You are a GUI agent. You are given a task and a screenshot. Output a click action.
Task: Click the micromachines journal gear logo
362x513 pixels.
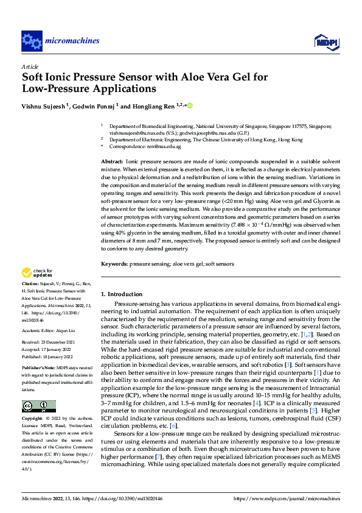click(x=31, y=41)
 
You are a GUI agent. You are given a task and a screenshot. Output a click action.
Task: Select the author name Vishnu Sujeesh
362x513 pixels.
click(x=43, y=106)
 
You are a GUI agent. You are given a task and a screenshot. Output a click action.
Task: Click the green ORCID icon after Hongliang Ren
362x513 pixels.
click(x=189, y=105)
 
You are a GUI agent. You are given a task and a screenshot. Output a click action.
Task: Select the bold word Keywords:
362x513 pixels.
click(x=114, y=264)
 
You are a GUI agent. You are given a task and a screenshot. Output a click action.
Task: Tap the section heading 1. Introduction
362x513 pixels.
click(x=122, y=294)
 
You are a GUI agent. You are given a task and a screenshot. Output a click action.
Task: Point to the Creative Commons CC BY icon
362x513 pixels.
click(x=38, y=389)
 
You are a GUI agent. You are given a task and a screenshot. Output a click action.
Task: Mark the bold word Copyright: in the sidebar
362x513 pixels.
click(x=32, y=402)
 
